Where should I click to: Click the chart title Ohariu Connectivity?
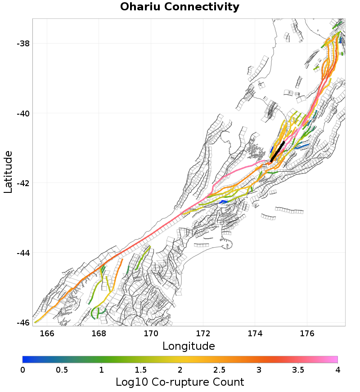point(180,7)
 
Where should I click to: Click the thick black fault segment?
point(278,152)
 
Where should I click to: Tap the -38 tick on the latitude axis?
point(23,44)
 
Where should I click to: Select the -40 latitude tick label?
point(23,113)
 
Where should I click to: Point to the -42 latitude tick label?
point(23,183)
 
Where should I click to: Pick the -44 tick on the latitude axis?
point(23,253)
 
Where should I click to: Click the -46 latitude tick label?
point(23,322)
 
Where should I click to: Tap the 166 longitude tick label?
point(47,333)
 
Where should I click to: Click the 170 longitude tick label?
point(151,333)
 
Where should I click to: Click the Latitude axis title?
point(8,172)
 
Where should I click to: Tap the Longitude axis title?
point(189,346)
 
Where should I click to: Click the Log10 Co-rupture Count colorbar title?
point(180,382)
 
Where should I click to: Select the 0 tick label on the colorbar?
point(22,370)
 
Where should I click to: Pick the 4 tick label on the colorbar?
point(337,370)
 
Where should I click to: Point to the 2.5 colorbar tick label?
point(219,370)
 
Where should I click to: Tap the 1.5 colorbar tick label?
point(140,370)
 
